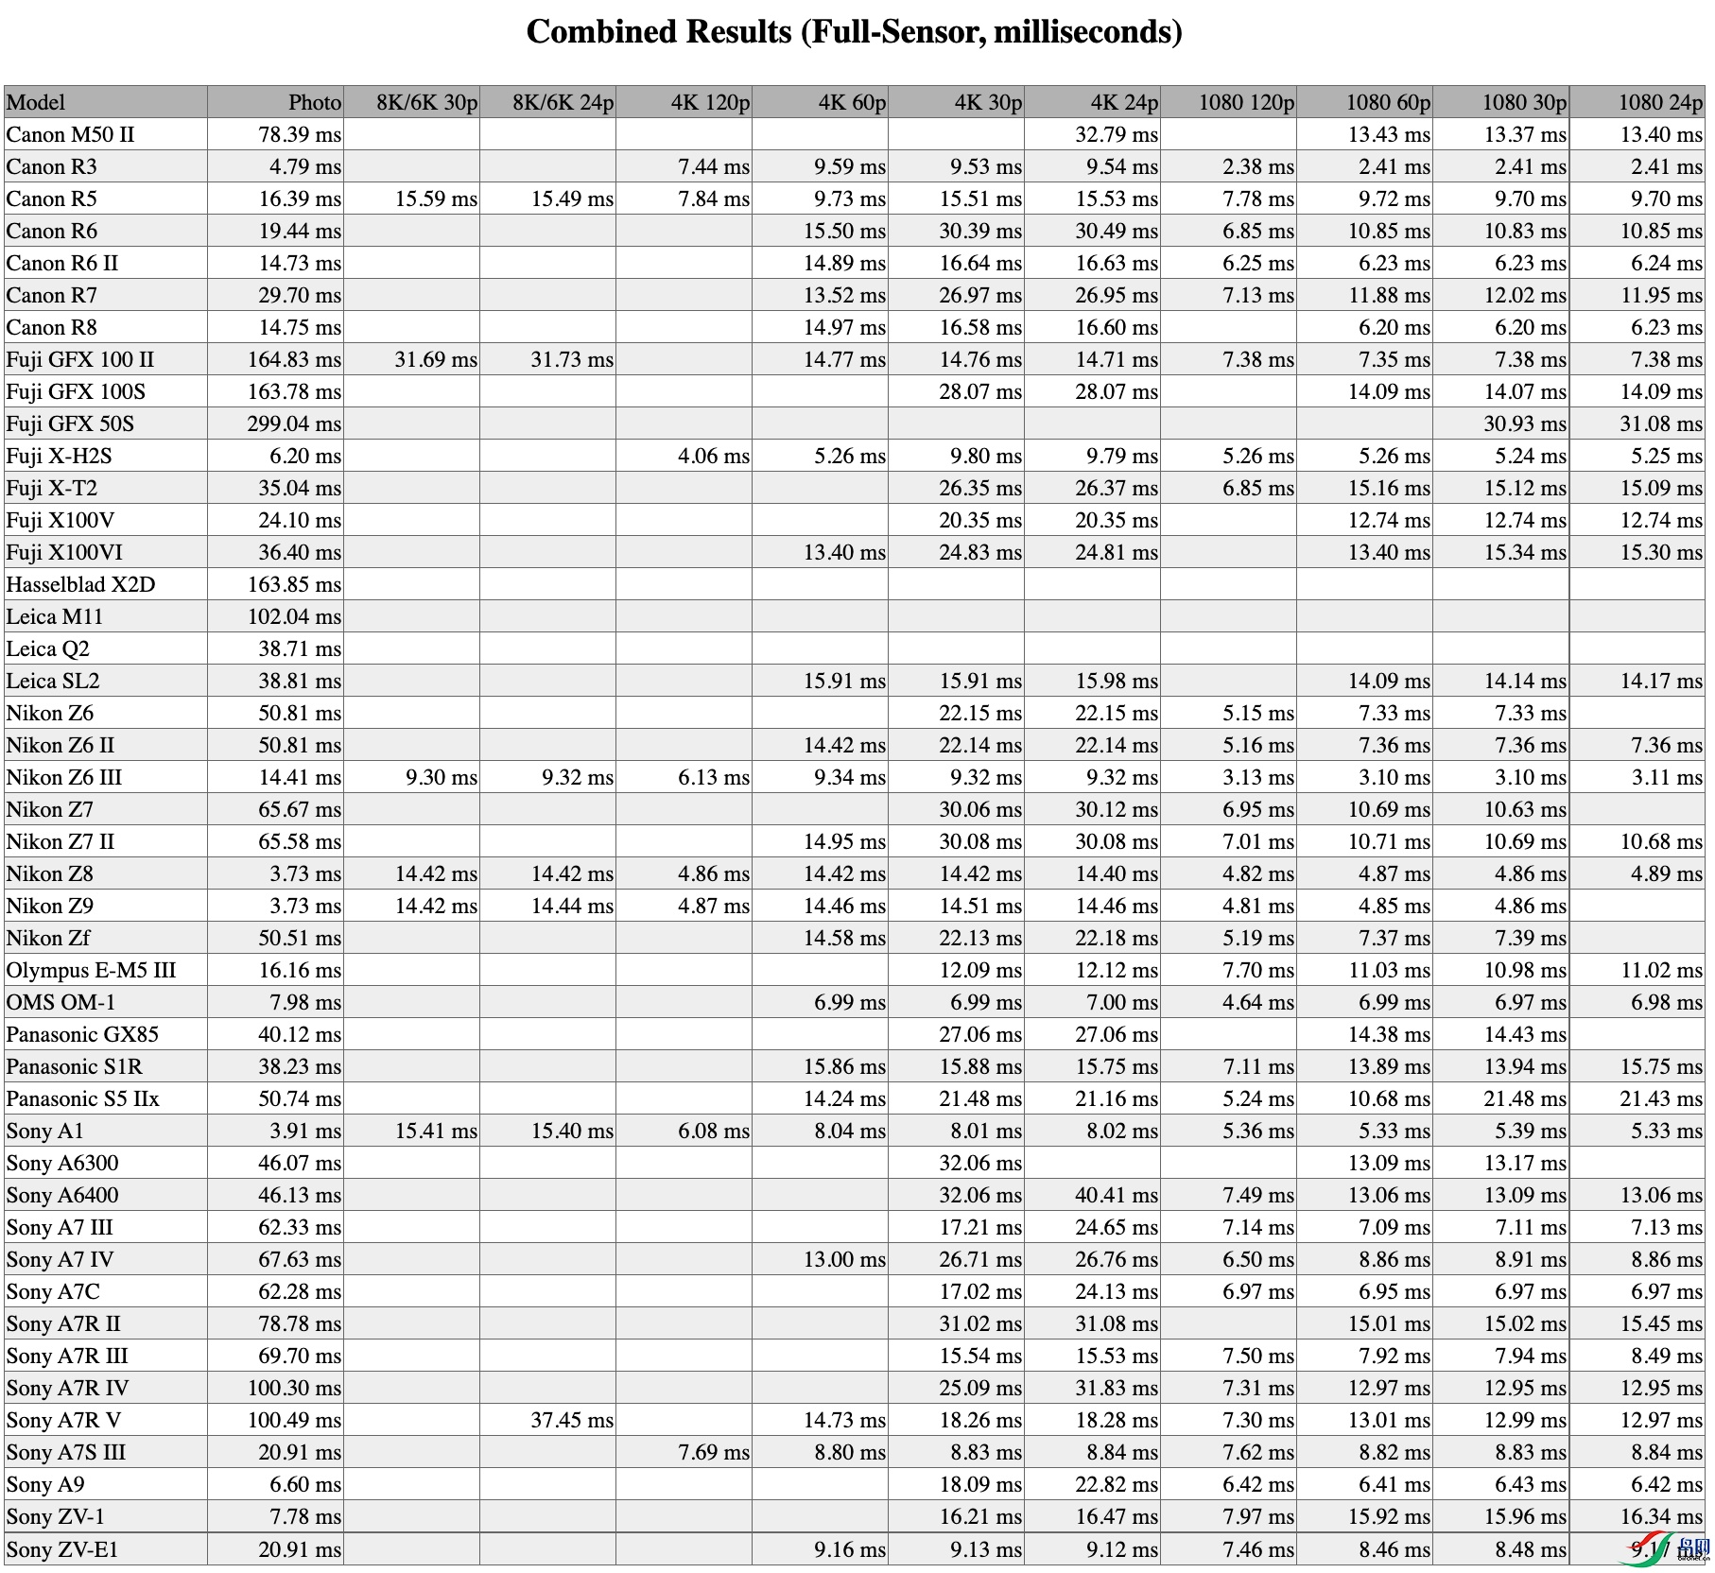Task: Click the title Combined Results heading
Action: [x=854, y=32]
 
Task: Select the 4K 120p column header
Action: [x=710, y=102]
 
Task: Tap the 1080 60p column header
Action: [x=1388, y=102]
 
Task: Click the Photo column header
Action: [x=315, y=102]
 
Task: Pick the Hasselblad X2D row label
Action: [x=80, y=584]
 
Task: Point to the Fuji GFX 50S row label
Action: [x=70, y=423]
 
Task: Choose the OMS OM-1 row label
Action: [x=61, y=1002]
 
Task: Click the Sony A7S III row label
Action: [x=66, y=1452]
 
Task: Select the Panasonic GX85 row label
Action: [x=82, y=1034]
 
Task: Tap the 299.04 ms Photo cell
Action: [x=294, y=423]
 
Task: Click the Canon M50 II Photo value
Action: [x=300, y=134]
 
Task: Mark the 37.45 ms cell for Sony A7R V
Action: [x=572, y=1420]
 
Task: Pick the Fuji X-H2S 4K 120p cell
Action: [x=713, y=456]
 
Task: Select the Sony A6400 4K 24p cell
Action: [x=1116, y=1195]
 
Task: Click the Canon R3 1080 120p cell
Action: [x=1257, y=166]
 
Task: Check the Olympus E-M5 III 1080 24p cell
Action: [x=1660, y=970]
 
